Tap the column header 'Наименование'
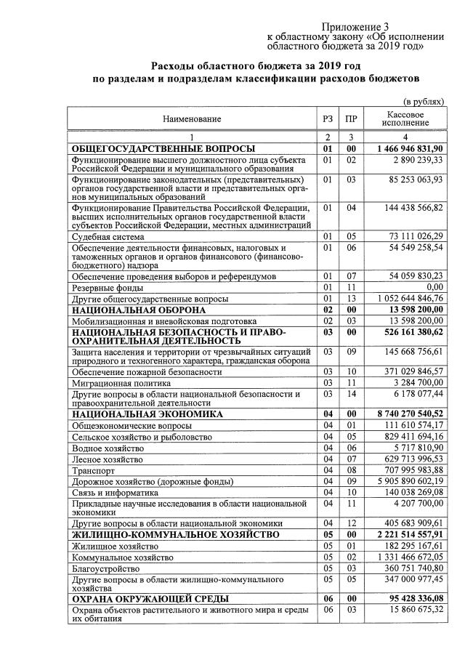192,118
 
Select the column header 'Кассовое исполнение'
405,118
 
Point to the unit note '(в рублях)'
423,102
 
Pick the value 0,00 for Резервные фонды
431,288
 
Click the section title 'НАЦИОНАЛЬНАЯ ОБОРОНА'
138,310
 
